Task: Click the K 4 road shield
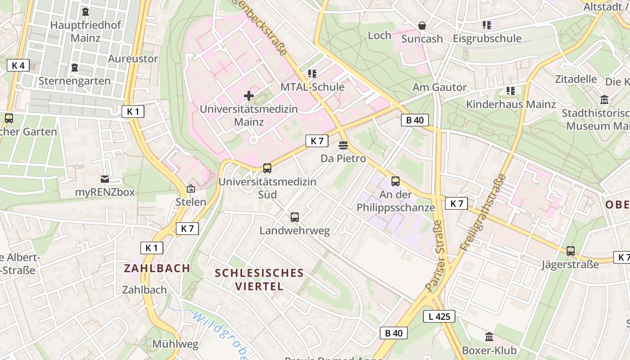point(18,65)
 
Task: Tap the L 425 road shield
point(439,316)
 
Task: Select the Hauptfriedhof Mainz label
point(85,31)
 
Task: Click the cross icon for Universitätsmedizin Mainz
point(249,95)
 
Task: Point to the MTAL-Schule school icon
point(312,73)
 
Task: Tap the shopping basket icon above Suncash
point(422,26)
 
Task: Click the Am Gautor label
point(440,87)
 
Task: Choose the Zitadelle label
point(576,79)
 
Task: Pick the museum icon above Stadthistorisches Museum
point(604,99)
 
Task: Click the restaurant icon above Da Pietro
point(343,145)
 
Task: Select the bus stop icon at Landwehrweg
point(295,217)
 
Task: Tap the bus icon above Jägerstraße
point(571,251)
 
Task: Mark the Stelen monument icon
point(191,189)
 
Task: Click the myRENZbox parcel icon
point(105,179)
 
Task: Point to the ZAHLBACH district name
point(157,268)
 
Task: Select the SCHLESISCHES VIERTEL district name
point(259,279)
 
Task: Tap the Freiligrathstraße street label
point(483,212)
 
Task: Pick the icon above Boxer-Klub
point(489,337)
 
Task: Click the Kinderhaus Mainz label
point(511,104)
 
